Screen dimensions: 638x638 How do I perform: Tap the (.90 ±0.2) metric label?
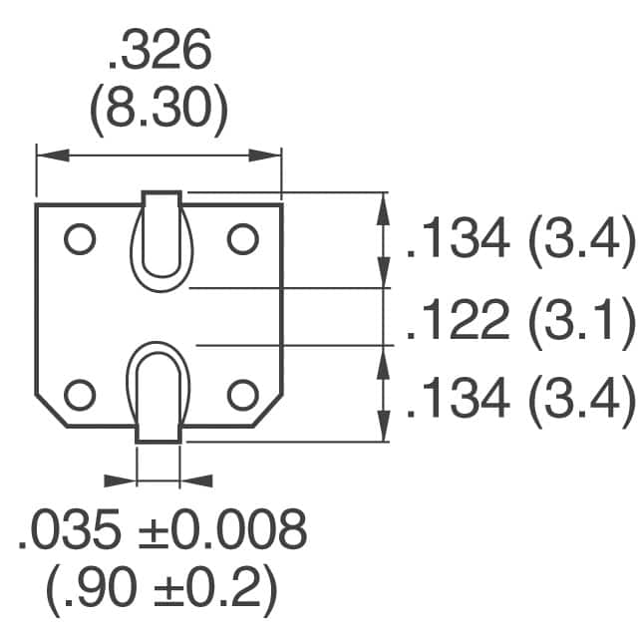pos(159,592)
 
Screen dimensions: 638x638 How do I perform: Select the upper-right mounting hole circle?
pos(242,239)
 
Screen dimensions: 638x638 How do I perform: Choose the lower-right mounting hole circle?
pos(242,395)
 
